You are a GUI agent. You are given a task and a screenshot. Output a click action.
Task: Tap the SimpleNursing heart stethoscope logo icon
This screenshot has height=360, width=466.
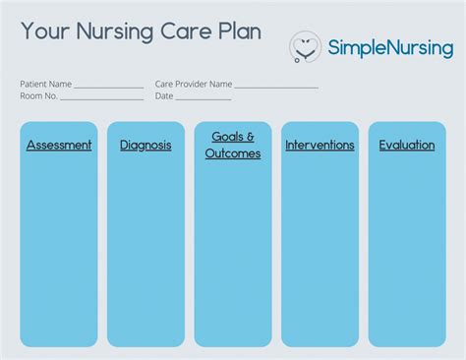[306, 46]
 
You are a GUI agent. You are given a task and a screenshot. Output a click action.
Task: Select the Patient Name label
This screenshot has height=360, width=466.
[45, 85]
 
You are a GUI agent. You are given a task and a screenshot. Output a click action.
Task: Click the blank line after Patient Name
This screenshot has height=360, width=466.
[109, 87]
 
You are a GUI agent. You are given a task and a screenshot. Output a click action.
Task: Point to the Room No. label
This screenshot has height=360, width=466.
[39, 96]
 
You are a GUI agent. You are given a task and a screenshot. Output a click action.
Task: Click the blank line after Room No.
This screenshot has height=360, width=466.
[102, 98]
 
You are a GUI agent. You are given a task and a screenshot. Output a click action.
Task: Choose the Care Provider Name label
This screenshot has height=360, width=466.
[194, 85]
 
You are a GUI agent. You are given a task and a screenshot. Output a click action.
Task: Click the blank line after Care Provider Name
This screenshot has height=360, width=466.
[276, 87]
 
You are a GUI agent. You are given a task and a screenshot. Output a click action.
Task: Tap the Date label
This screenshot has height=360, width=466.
[164, 96]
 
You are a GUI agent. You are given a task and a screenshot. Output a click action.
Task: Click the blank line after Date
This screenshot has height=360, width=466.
[204, 98]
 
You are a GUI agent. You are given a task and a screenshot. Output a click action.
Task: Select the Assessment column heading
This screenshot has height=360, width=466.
[59, 146]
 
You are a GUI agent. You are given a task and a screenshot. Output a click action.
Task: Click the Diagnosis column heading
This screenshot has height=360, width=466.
[146, 146]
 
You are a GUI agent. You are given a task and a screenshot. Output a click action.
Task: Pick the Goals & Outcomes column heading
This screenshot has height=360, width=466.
[233, 146]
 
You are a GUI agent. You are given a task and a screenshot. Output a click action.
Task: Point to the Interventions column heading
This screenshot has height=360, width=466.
[320, 146]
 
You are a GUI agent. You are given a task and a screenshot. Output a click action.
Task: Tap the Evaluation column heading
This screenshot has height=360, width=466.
[407, 146]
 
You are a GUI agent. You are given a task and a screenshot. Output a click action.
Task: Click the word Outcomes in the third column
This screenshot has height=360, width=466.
[233, 154]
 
